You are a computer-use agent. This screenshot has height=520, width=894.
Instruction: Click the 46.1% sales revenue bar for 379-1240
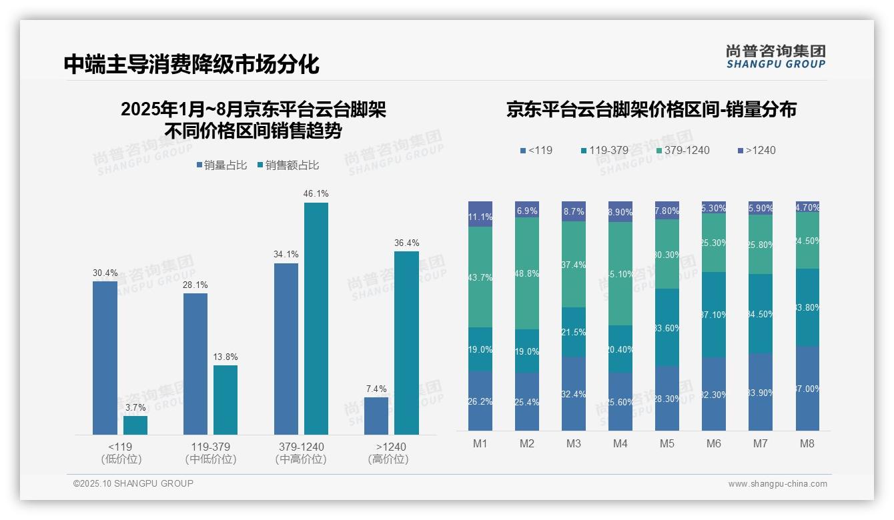coord(316,319)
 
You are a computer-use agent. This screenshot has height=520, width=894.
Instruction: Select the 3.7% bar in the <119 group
coord(135,425)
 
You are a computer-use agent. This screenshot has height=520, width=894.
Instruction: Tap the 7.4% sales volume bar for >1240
coord(376,416)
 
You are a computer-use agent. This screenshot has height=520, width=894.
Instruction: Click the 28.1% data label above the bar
coord(195,285)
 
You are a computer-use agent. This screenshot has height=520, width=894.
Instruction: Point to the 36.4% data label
coord(406,243)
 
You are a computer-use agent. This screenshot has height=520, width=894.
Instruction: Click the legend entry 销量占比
coord(221,165)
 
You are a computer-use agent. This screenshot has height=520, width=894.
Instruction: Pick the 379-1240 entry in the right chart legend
coord(682,150)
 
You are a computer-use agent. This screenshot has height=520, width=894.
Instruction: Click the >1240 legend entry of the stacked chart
coord(757,150)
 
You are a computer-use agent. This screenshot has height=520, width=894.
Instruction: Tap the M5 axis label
coord(667,443)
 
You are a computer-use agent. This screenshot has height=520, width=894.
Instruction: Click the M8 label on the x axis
coord(808,443)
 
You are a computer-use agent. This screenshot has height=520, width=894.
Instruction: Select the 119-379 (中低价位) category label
coord(211,453)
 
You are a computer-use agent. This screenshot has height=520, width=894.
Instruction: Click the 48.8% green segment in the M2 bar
coord(527,273)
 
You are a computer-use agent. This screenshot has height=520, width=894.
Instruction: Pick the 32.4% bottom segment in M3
coord(574,394)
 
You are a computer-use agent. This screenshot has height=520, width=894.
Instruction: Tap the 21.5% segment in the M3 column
coord(574,332)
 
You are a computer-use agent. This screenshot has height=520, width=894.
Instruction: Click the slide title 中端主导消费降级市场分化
coord(191,64)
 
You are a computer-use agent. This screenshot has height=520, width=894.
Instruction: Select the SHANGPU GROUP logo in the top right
coord(775,57)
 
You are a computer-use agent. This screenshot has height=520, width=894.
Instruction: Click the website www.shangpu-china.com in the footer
coord(777,484)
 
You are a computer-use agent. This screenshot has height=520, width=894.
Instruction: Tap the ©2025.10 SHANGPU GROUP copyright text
coord(133,483)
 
